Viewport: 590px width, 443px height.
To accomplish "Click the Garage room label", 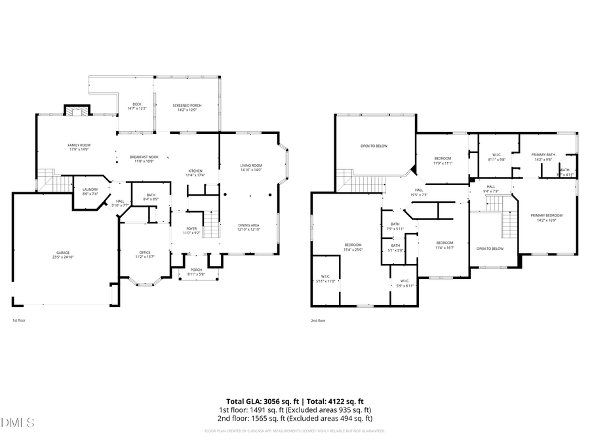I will [63, 253].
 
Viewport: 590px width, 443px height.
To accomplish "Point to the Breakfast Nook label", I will [144, 157].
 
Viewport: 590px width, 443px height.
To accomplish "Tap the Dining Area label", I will [249, 225].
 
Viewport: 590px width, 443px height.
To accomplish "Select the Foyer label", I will [191, 228].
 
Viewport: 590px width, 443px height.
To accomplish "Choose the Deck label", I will [137, 104].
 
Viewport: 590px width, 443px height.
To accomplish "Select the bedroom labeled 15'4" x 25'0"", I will [353, 245].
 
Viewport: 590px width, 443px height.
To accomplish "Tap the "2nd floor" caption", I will [318, 321].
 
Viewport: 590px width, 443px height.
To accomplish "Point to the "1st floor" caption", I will [20, 321].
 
